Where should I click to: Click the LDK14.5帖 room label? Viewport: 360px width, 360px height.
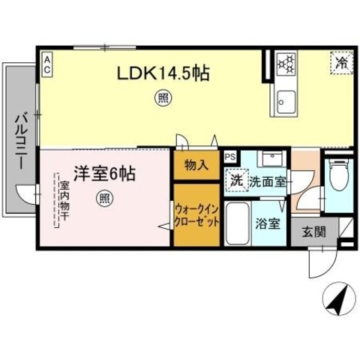coord(161,73)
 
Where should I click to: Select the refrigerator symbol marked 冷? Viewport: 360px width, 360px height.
coord(340,62)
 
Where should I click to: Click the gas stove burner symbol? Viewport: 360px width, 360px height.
coord(286,64)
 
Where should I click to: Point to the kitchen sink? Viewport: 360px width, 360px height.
coord(285,100)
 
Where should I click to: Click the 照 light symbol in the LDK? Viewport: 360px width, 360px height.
coord(161,96)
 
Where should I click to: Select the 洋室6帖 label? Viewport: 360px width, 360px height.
coord(103,173)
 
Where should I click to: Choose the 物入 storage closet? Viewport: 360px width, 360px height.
coord(196,165)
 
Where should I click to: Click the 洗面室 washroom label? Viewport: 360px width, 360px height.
coord(267,181)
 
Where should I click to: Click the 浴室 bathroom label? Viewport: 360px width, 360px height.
coord(268,223)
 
